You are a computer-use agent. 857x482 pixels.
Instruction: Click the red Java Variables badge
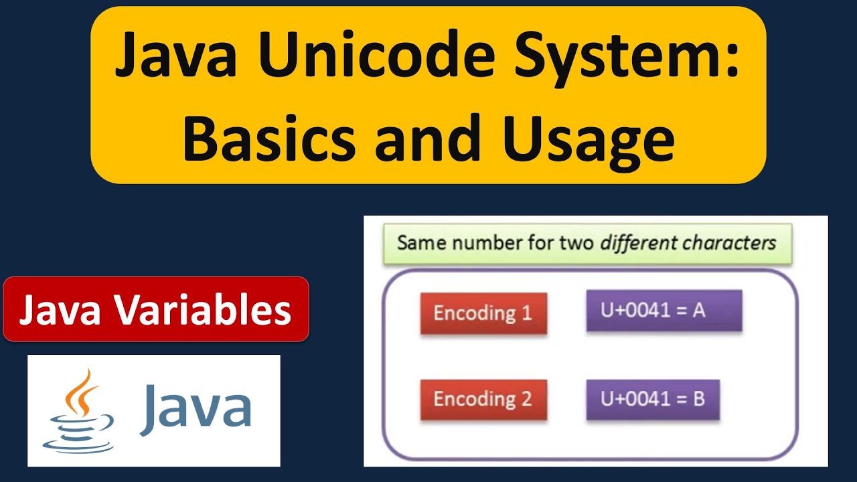[155, 309]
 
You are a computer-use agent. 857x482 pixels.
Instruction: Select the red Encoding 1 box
[483, 313]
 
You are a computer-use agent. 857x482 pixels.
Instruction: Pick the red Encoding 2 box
[483, 400]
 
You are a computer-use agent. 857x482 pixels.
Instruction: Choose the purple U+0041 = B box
[653, 400]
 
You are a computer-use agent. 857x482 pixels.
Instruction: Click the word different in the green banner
[638, 242]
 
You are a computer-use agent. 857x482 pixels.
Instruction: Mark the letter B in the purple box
[699, 400]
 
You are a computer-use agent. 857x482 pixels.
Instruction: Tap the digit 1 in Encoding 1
[526, 313]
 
